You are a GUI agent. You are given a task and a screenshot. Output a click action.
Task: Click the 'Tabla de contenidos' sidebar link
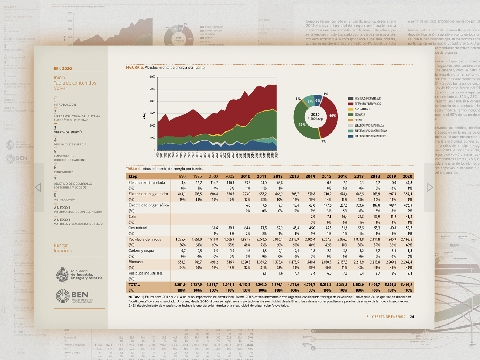[75, 83]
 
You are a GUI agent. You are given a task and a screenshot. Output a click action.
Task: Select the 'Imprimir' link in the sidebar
[63, 251]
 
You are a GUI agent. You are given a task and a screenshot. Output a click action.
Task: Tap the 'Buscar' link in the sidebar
[61, 245]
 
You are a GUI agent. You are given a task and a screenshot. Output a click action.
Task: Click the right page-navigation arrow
[429, 188]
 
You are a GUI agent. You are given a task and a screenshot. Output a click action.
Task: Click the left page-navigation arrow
[38, 188]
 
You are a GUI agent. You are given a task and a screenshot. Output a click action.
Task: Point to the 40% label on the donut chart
[332, 116]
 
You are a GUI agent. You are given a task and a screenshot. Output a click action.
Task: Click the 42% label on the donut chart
[302, 125]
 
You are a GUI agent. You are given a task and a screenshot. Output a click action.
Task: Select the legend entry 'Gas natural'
[362, 109]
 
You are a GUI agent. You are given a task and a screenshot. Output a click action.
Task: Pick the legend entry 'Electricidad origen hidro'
[370, 136]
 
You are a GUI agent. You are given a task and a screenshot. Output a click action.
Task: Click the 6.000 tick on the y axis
[152, 77]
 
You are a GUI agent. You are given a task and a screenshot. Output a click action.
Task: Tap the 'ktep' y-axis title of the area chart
[144, 115]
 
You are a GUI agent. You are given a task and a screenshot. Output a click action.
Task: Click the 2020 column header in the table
[407, 176]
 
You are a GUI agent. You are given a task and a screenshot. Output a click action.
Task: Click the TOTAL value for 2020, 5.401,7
[406, 285]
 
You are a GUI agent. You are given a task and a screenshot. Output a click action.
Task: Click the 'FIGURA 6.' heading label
[134, 68]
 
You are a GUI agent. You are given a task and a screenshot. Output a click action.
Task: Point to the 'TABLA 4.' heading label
[134, 169]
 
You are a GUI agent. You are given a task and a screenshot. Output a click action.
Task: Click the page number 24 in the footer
[412, 317]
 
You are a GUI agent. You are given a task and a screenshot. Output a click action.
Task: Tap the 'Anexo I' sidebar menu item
[62, 208]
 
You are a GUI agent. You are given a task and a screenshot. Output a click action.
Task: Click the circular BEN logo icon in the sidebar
[63, 296]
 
